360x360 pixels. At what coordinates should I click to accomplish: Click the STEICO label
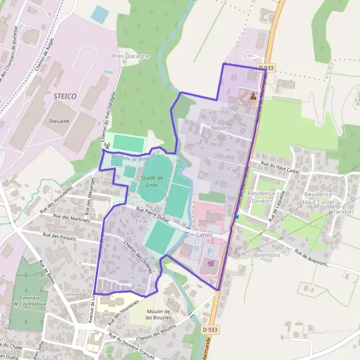tap(64, 96)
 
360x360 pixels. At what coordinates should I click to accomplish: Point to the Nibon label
tap(220, 128)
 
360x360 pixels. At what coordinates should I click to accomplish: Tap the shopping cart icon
tap(211, 263)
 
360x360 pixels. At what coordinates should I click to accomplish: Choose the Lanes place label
tap(204, 235)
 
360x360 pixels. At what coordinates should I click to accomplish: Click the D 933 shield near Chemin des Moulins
tap(209, 329)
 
